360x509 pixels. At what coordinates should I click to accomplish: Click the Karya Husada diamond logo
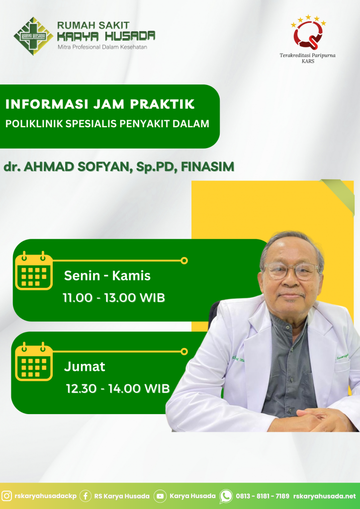coord(33,36)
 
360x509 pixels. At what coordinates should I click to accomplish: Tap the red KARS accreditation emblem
coord(308,34)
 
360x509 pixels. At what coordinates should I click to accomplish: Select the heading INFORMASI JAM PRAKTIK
coord(100,104)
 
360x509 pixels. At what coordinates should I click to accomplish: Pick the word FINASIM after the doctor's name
coord(207,167)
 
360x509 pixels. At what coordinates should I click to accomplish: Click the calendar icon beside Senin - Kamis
coord(34,270)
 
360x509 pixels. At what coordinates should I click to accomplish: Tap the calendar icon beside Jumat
coord(34,361)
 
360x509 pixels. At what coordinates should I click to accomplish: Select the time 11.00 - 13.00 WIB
coord(114,298)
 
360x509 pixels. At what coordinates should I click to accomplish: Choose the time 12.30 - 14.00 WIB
coord(118,389)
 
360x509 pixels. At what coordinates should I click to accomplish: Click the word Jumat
coord(85,367)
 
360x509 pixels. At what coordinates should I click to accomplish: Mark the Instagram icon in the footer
coord(6,496)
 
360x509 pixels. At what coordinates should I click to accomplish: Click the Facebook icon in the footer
coord(86,496)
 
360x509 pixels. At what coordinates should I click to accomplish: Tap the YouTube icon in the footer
coord(160,496)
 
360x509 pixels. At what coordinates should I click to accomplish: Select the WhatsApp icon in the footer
coord(226,497)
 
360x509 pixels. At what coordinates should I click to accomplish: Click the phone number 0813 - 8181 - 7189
coord(262,497)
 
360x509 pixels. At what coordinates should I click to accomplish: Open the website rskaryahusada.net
coord(325,497)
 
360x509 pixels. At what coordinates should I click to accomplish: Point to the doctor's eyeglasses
coord(291,271)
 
